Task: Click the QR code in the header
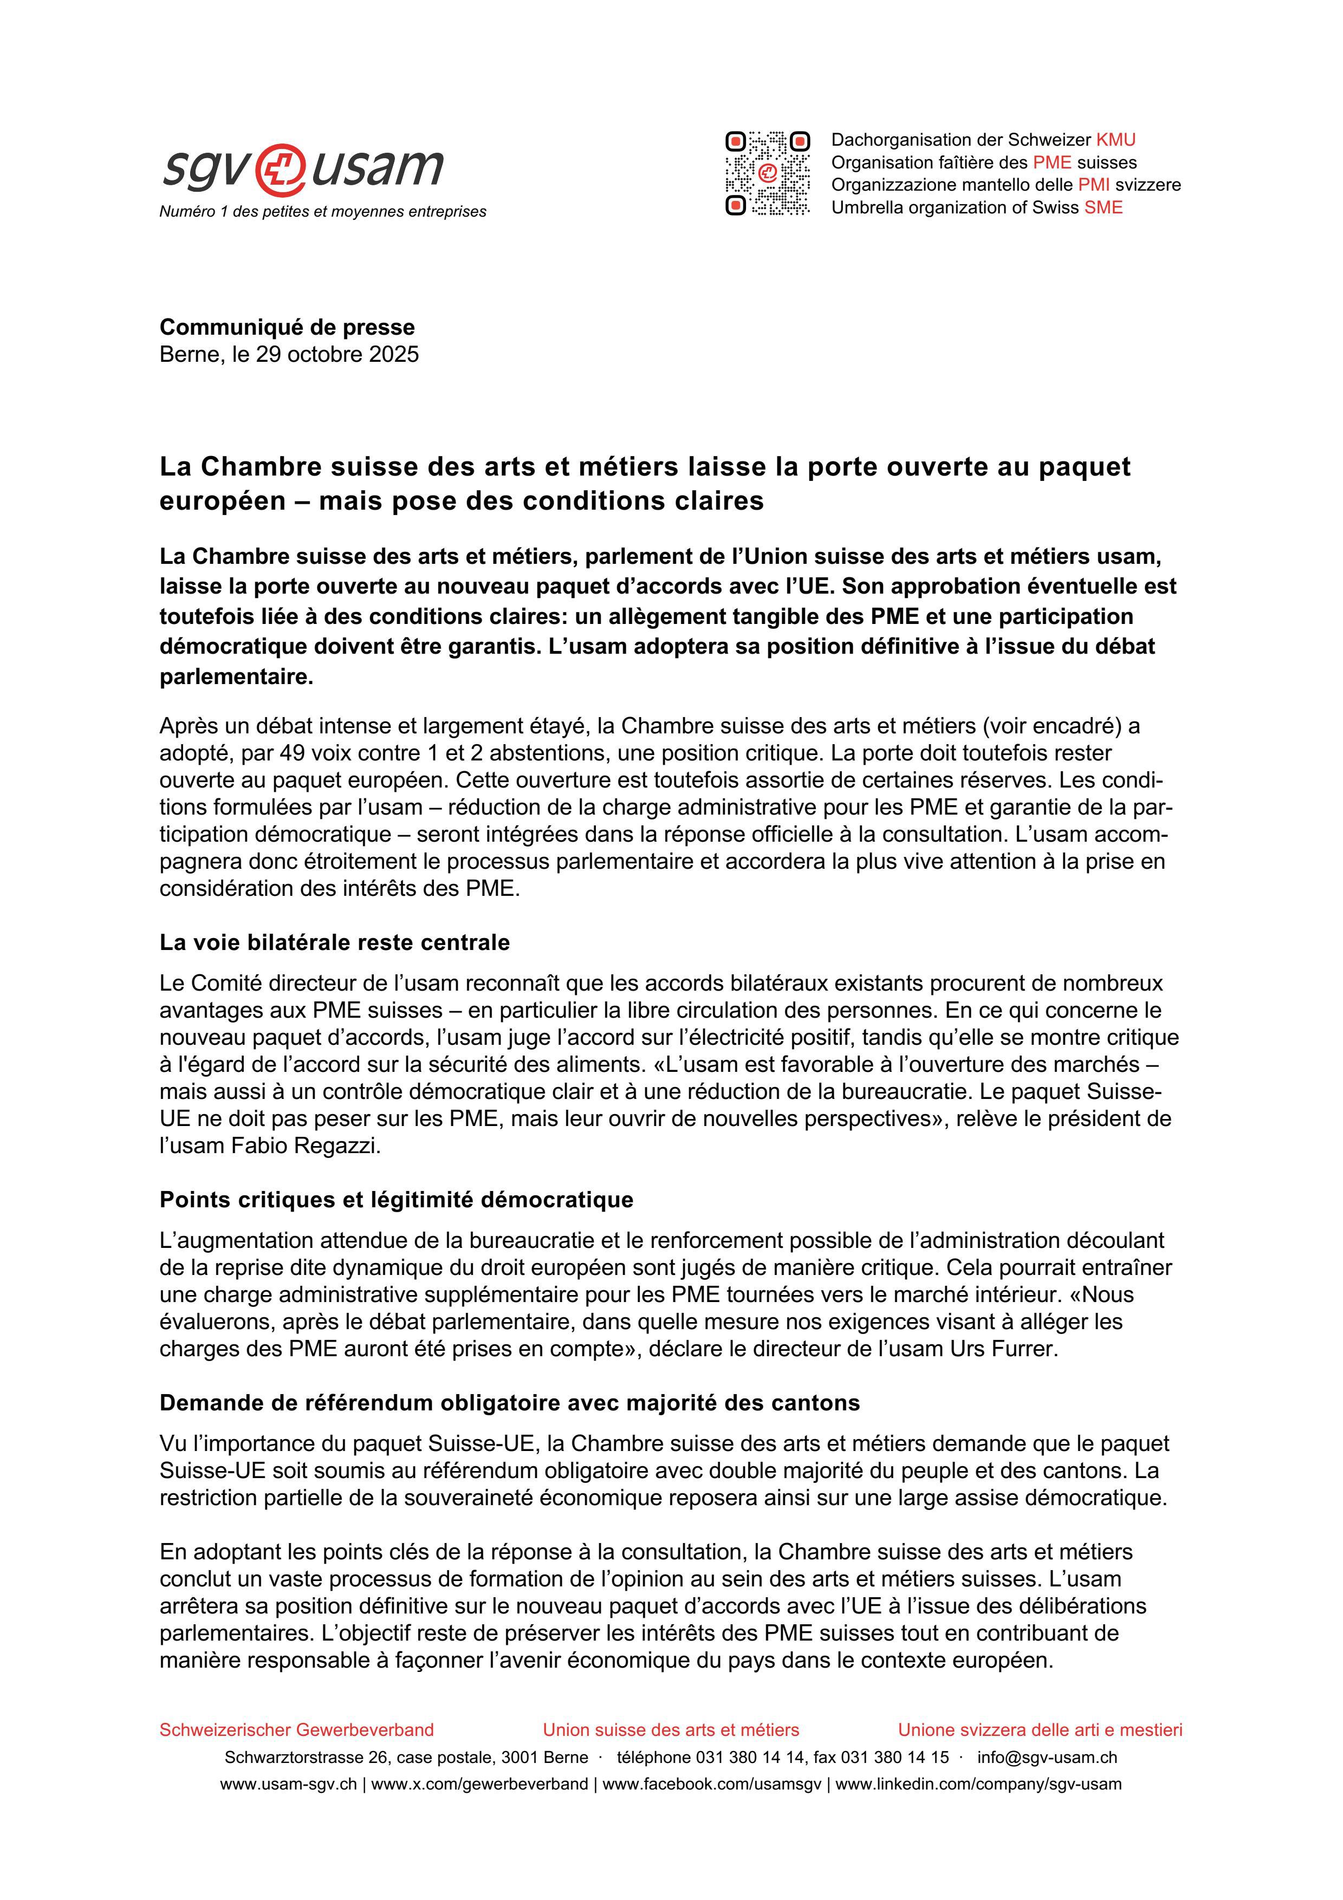click(767, 173)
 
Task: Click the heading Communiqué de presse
click(287, 327)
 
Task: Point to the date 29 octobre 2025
click(337, 354)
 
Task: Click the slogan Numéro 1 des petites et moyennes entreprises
click(323, 212)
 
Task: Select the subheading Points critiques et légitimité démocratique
click(397, 1199)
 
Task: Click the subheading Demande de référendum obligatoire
click(510, 1403)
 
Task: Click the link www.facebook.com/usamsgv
click(712, 1784)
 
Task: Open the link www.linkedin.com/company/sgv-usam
click(978, 1784)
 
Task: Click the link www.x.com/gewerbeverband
click(480, 1784)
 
